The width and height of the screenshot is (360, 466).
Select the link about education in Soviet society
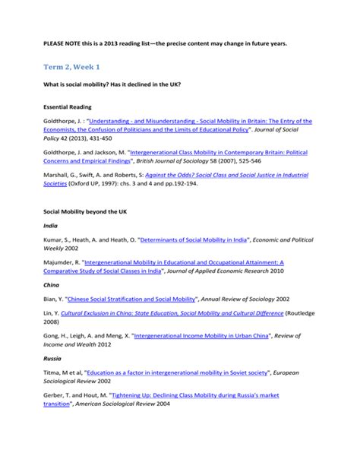click(x=175, y=372)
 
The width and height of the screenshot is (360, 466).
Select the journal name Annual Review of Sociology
click(x=242, y=299)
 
